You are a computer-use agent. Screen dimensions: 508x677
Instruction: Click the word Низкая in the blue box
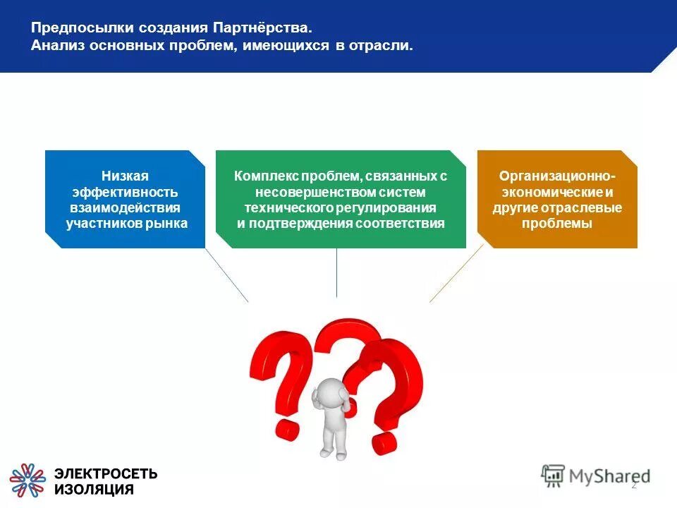pos(125,176)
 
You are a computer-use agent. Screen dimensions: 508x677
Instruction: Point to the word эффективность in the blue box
pos(125,192)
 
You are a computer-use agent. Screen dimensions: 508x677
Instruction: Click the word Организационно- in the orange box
pos(557,176)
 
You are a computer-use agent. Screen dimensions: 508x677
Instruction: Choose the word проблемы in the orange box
pos(557,224)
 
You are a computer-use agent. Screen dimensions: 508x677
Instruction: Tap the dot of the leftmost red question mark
pos(287,427)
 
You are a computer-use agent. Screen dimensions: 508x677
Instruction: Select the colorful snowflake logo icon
pos(28,480)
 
